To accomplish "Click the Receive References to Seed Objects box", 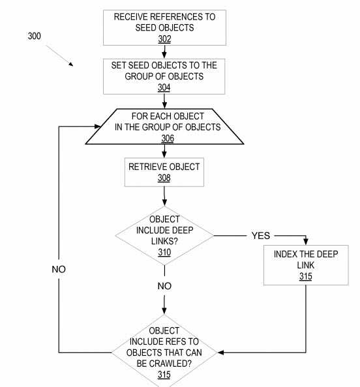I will pos(164,27).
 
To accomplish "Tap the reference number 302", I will pos(164,39).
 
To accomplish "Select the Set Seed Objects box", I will pos(164,76).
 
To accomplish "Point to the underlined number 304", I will pos(164,87).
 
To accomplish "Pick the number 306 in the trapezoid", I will pos(168,138).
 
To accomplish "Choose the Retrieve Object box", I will pos(164,171).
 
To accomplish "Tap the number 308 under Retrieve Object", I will pos(164,177).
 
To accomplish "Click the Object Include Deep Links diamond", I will pos(164,235).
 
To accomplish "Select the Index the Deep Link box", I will pos(306,265).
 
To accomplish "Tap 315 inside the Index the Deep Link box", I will pos(306,277).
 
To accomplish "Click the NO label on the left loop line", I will pos(59,270).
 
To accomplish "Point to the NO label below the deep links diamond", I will pos(164,286).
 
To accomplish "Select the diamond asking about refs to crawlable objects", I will pos(164,352).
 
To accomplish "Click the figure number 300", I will pos(34,36).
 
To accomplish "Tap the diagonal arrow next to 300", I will pos(61,57).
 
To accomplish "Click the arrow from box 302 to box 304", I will pos(164,51).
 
